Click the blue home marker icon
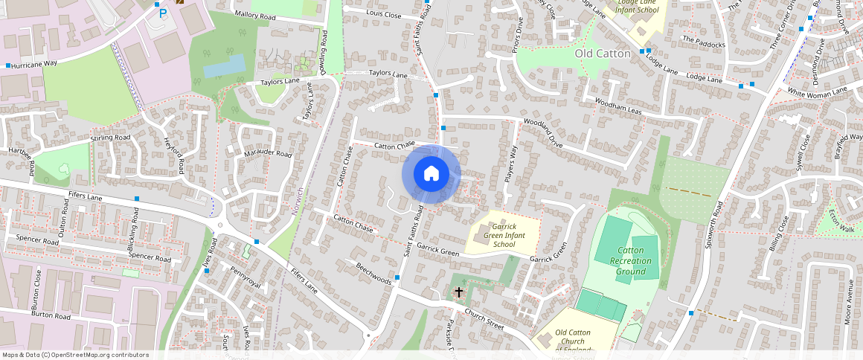(431, 174)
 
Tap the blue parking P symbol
(162, 13)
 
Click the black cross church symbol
(459, 293)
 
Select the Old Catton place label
(603, 54)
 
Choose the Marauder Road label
(269, 154)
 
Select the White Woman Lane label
(817, 91)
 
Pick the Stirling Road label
(110, 138)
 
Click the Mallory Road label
(254, 16)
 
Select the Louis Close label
(384, 14)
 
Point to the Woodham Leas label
(613, 109)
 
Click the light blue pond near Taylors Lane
(224, 65)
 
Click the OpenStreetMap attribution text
(75, 355)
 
